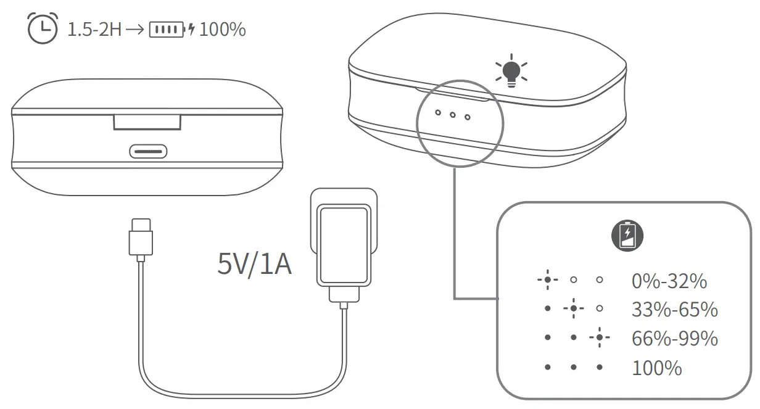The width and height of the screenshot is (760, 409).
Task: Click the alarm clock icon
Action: (x=42, y=28)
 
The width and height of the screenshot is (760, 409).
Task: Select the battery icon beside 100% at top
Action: (x=167, y=30)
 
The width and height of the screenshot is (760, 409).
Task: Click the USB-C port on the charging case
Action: (x=147, y=151)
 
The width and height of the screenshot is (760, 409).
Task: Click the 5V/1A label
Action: (x=254, y=265)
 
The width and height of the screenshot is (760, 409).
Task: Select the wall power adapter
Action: (x=342, y=244)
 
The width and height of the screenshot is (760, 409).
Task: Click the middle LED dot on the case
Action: (x=452, y=115)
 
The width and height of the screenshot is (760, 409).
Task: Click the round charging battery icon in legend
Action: (x=627, y=236)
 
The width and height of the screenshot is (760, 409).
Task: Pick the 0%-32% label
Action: (x=669, y=281)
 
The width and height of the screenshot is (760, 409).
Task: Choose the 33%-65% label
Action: (x=674, y=310)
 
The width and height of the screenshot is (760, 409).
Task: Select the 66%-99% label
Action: (x=674, y=339)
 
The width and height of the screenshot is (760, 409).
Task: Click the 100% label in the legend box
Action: (x=656, y=368)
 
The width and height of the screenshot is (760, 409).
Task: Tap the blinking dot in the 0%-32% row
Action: (x=547, y=280)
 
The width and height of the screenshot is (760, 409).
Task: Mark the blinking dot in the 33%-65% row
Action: (x=574, y=308)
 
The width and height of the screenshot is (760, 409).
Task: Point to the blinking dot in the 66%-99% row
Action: (x=599, y=338)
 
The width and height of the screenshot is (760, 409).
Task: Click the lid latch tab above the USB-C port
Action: (x=147, y=122)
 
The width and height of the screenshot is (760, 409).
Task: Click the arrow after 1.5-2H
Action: (x=135, y=30)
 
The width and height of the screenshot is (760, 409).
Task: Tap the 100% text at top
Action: (x=223, y=30)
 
